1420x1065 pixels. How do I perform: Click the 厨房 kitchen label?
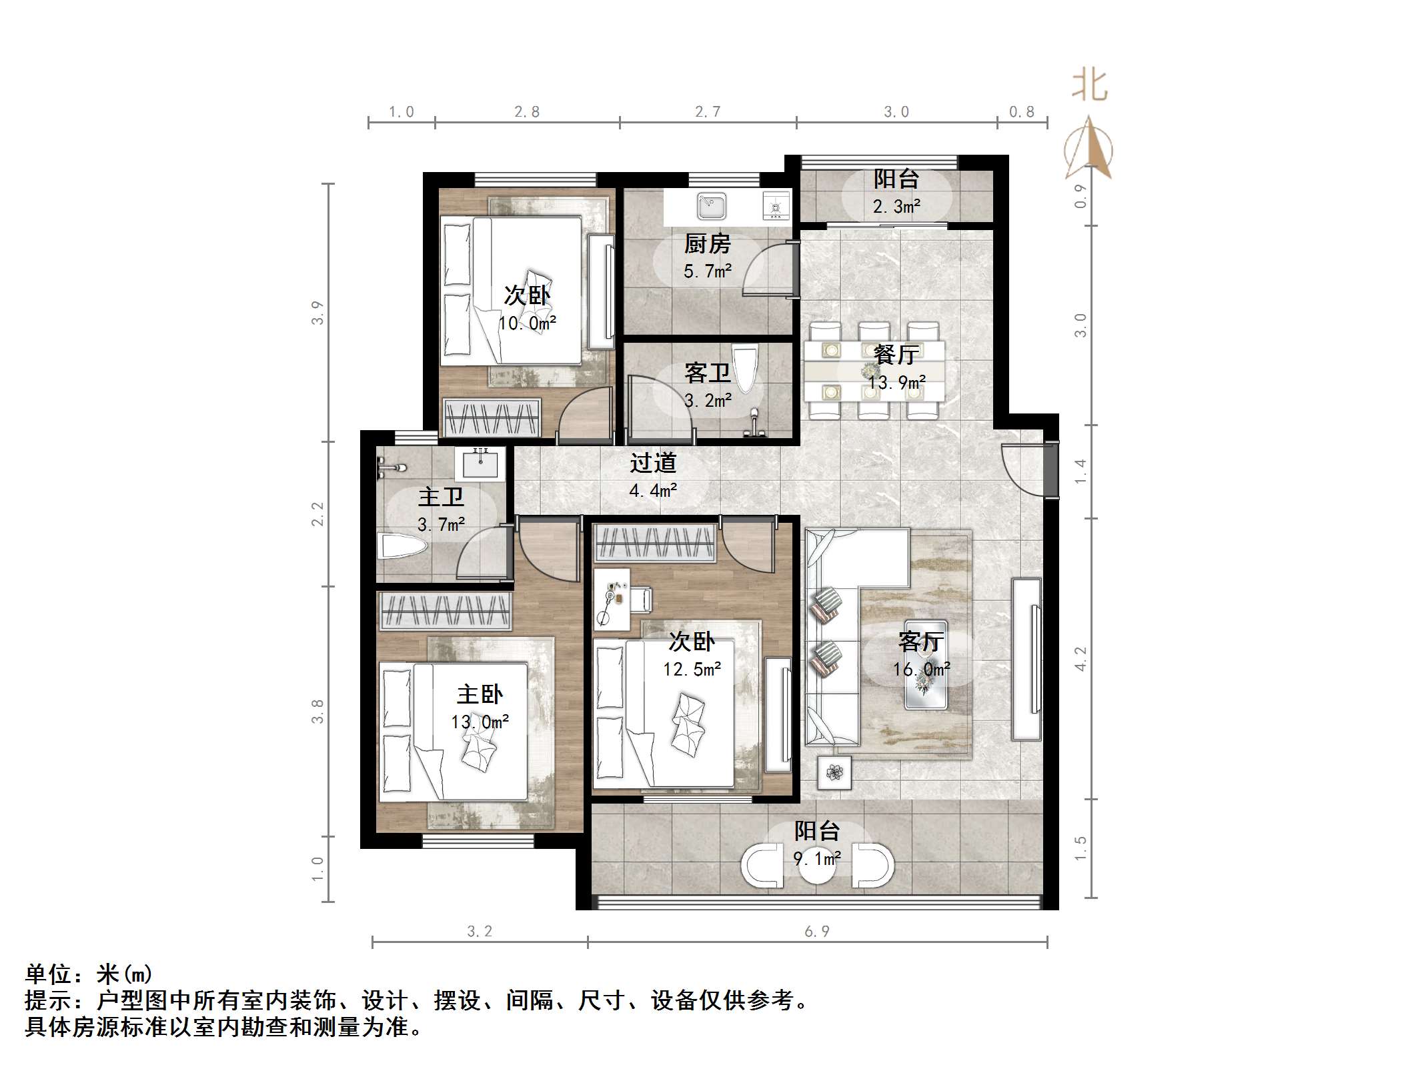[x=707, y=244]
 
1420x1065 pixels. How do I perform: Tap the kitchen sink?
[x=711, y=206]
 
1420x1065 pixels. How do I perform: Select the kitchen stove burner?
[x=776, y=206]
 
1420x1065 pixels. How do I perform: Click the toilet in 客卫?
[x=744, y=368]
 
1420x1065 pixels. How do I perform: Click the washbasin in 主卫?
[x=480, y=463]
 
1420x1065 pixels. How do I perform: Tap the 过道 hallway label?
[x=653, y=463]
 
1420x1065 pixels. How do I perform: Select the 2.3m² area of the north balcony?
[x=896, y=207]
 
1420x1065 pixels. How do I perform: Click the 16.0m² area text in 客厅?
[x=921, y=669]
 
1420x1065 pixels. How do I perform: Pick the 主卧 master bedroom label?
[x=480, y=694]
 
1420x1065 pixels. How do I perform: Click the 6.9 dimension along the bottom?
[x=816, y=932]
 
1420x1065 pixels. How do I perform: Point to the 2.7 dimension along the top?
[x=708, y=112]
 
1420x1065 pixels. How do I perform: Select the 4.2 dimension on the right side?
[x=1081, y=658]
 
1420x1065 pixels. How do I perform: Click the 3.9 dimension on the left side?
[x=317, y=313]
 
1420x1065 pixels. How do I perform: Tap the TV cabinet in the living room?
[x=1026, y=659]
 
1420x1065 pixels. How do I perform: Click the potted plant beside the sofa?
[x=834, y=773]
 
